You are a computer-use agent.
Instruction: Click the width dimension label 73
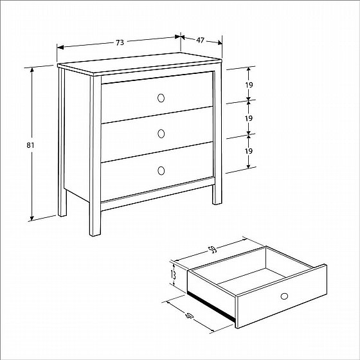click(120, 42)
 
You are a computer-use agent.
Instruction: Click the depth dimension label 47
click(200, 40)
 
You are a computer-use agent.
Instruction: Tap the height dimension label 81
click(30, 145)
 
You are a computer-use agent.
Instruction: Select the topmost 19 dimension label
click(249, 85)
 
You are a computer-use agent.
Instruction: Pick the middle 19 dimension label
click(249, 118)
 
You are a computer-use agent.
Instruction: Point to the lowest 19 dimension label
click(249, 151)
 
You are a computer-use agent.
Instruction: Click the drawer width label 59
click(213, 250)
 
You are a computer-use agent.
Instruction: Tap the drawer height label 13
click(174, 274)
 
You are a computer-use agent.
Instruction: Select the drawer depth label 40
click(190, 316)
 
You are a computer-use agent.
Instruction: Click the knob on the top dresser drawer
click(161, 98)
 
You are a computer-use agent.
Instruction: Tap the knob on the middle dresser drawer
click(161, 134)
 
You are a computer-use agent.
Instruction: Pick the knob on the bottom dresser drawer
click(161, 170)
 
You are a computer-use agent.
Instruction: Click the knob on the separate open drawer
click(284, 296)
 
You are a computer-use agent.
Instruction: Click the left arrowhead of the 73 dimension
click(60, 48)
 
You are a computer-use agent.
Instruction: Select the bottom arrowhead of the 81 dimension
click(32, 218)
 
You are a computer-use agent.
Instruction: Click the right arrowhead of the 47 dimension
click(220, 42)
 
